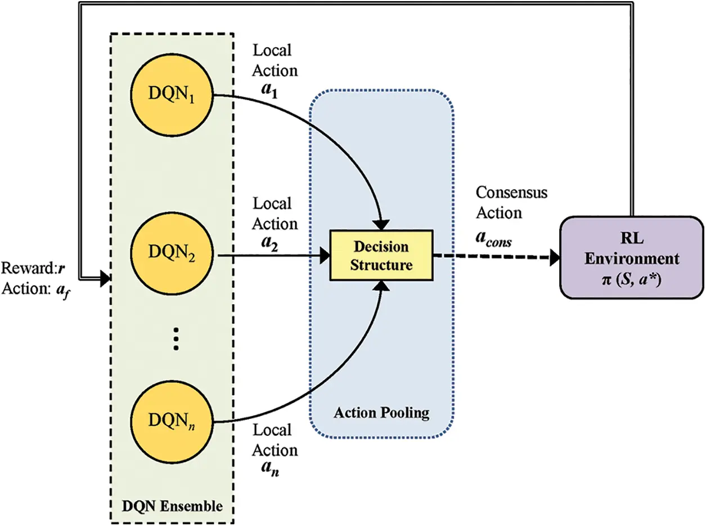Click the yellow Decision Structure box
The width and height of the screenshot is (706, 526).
tap(381, 255)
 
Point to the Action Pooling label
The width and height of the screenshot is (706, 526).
tap(381, 413)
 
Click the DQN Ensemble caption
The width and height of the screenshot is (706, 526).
tap(172, 505)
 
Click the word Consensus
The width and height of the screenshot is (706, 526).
tap(511, 193)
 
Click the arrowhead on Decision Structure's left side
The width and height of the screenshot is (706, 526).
tap(325, 256)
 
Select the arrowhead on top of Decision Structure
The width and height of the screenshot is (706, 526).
tap(383, 224)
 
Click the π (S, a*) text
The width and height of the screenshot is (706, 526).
tap(631, 278)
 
